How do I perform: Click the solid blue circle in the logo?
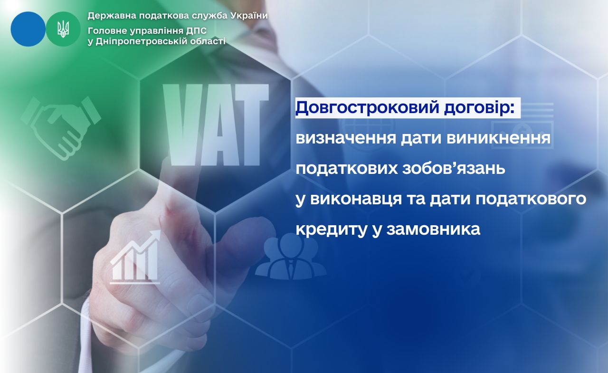(x=28, y=29)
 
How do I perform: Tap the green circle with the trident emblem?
(x=63, y=29)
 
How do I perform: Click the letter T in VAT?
(x=252, y=125)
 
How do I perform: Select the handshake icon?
(x=60, y=128)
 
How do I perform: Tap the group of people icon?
(x=291, y=257)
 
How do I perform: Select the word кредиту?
(x=331, y=230)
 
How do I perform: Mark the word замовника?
(x=434, y=230)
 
